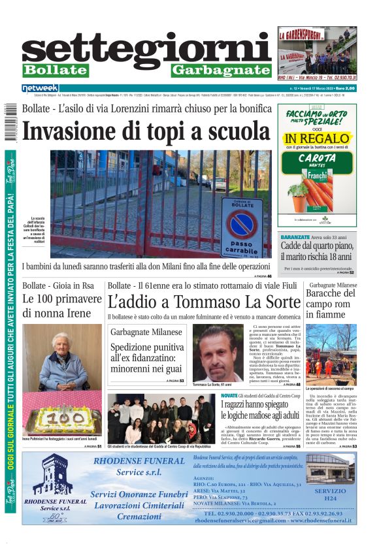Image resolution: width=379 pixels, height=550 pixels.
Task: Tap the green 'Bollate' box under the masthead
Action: coord(55,71)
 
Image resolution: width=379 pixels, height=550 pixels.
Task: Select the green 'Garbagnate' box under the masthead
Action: coord(221,71)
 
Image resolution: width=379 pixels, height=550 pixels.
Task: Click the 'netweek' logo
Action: coord(40,88)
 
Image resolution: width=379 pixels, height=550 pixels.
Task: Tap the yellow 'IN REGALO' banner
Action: coord(317,138)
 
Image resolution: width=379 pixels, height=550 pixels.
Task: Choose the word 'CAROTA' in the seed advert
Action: coord(317,158)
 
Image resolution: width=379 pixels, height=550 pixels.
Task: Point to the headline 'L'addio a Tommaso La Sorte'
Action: coord(195,302)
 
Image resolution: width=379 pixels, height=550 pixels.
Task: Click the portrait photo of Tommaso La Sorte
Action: coord(218,353)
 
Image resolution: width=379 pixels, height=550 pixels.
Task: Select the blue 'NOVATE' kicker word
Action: coord(230,396)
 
